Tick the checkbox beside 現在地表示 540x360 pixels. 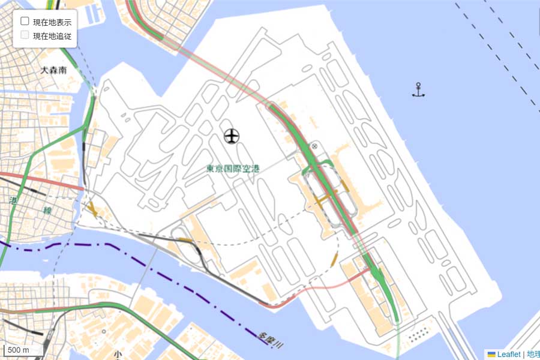click(25, 21)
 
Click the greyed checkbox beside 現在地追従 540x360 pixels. click(25, 35)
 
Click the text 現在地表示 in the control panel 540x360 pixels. click(52, 22)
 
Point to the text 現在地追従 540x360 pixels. click(52, 36)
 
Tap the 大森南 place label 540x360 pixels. click(53, 70)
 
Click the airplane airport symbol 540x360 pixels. click(232, 136)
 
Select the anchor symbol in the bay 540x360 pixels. click(418, 90)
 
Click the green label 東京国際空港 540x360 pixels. click(233, 169)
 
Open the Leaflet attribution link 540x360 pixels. click(509, 355)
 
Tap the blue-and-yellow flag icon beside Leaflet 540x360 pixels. click(491, 355)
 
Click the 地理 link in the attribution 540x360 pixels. click(533, 355)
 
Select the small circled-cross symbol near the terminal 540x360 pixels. click(314, 146)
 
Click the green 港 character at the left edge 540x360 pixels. click(13, 201)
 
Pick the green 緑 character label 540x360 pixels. click(47, 211)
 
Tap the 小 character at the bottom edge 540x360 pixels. click(118, 355)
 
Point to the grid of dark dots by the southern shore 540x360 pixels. click(419, 334)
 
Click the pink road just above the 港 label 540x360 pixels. click(36, 181)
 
